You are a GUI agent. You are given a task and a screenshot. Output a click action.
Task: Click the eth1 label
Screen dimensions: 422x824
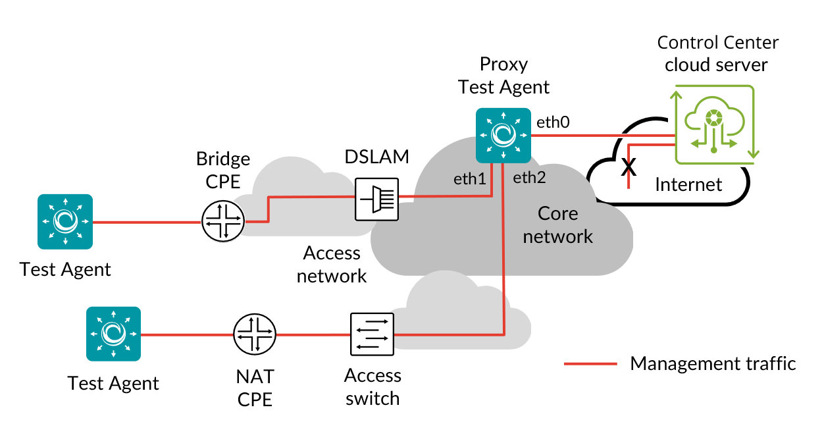[469, 178]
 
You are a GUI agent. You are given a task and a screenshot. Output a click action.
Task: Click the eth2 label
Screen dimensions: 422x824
[529, 177]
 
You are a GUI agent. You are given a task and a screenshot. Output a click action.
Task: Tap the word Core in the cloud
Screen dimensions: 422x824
[557, 213]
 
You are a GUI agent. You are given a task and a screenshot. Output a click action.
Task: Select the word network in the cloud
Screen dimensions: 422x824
[557, 236]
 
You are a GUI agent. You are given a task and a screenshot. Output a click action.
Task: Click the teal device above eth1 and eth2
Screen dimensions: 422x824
[503, 135]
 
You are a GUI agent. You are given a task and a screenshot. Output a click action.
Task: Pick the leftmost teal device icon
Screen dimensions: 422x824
[65, 222]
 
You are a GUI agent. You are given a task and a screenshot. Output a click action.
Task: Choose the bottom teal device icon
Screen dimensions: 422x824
[114, 334]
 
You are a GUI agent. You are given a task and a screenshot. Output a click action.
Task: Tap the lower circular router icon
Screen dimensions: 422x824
[255, 334]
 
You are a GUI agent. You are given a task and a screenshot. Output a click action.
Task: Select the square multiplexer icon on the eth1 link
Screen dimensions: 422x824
[376, 198]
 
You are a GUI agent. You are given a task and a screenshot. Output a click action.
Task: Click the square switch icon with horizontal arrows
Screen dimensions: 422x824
[372, 334]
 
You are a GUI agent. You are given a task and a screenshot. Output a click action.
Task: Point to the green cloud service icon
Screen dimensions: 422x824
[715, 123]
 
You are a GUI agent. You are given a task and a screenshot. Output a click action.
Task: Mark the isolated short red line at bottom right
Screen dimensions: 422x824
[590, 363]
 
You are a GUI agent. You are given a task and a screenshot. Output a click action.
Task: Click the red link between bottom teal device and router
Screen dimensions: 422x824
[188, 334]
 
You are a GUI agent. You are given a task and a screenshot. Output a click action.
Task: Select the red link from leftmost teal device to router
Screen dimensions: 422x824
[146, 222]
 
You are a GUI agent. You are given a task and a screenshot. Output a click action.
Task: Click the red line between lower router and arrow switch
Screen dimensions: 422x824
[313, 334]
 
